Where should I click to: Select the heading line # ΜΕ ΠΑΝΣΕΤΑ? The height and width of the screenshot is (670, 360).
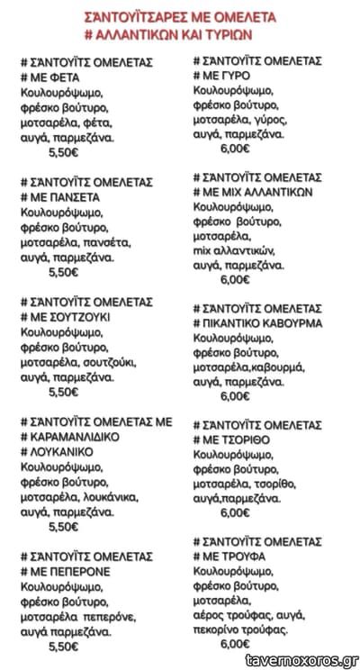point(59,195)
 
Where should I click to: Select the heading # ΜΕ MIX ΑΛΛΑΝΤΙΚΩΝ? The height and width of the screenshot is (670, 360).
point(252,193)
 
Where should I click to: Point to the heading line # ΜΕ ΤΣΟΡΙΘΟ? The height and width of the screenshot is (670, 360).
point(234,438)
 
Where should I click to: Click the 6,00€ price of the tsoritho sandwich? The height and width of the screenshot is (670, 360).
point(234,512)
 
